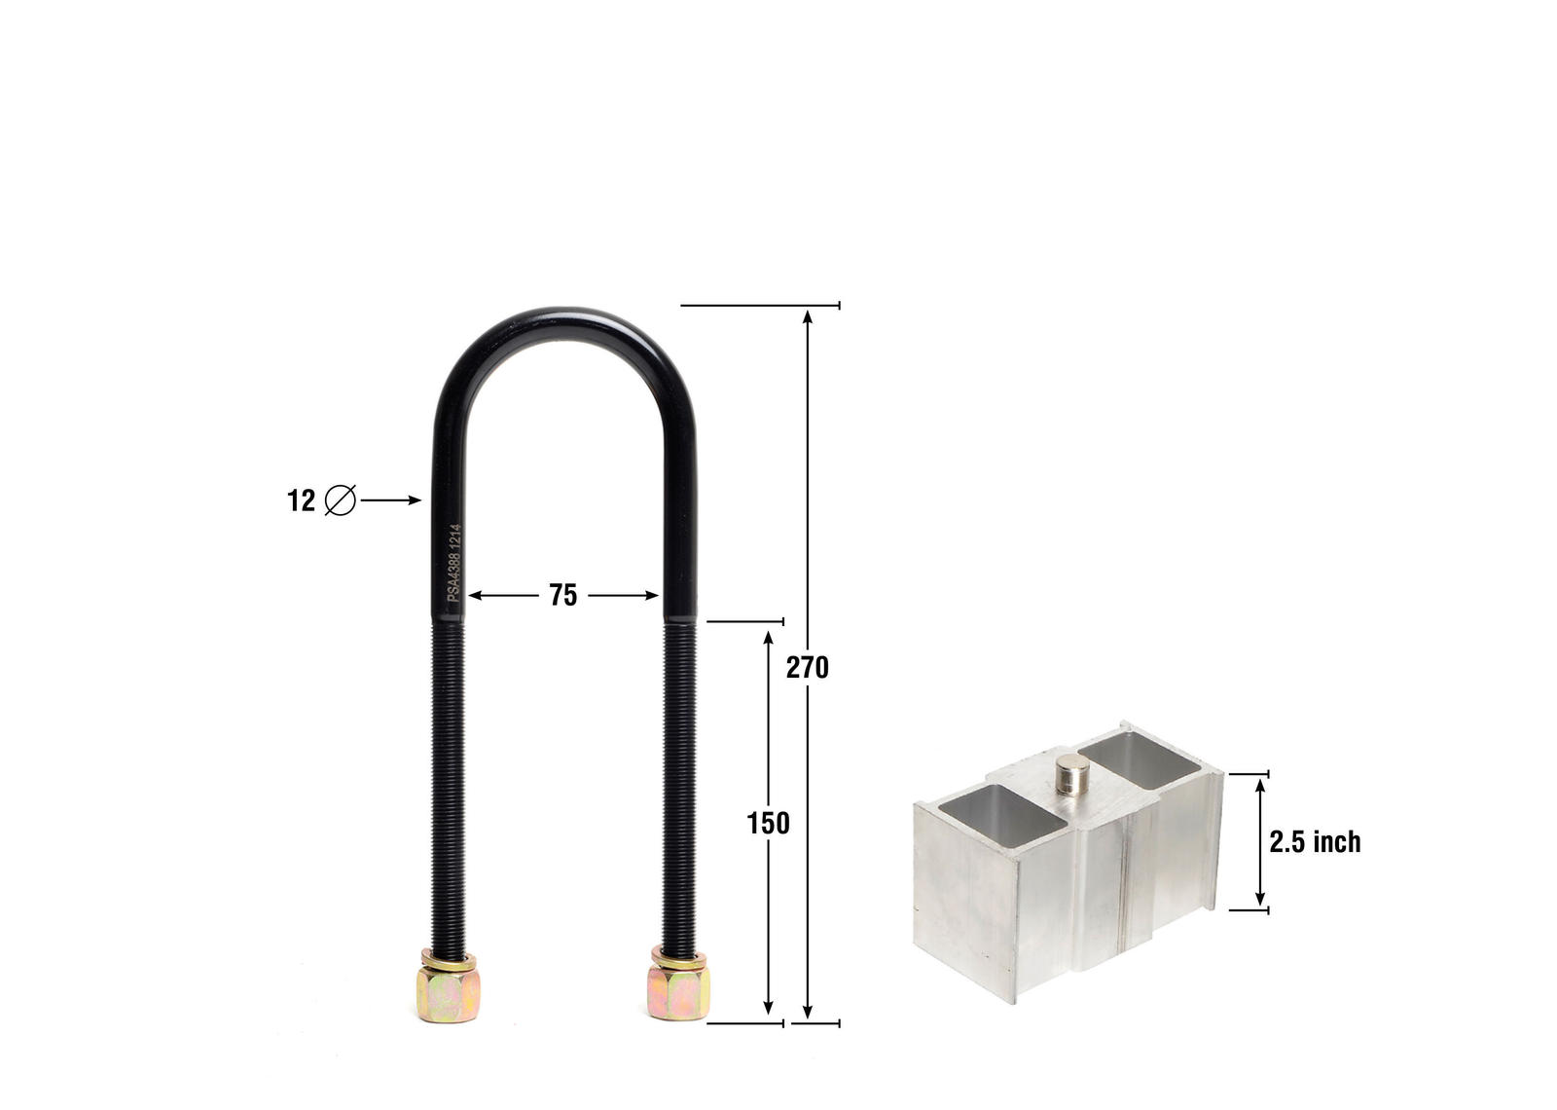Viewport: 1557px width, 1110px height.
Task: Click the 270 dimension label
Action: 807,668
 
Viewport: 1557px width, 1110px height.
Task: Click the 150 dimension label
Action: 768,824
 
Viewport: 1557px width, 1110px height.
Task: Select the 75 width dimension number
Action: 562,595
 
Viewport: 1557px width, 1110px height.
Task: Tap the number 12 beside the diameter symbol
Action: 301,500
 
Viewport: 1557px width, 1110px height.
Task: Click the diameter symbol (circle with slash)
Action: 341,500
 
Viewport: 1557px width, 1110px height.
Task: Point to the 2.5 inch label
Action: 1314,842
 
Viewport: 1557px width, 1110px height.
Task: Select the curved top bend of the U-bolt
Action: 565,326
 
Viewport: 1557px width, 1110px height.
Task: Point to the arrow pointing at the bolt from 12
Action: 391,500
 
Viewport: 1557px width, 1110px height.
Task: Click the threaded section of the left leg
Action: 448,779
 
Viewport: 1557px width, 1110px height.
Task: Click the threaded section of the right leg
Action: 679,779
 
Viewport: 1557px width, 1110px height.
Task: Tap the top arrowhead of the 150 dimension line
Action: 768,639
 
